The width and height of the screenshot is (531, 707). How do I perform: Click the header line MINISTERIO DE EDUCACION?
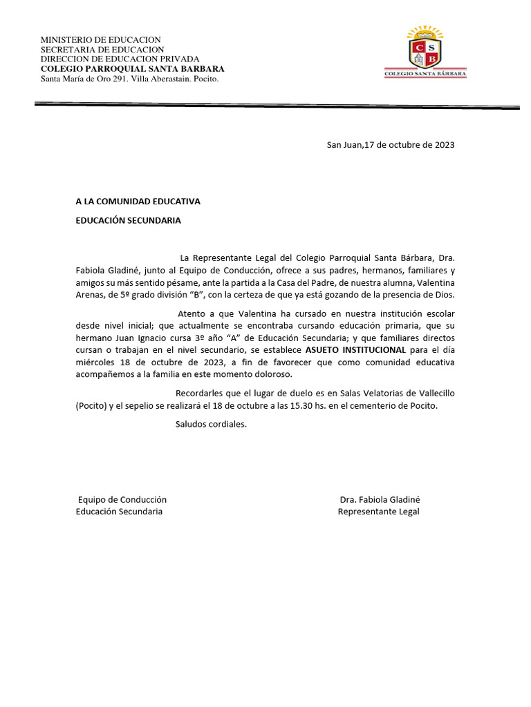coord(100,40)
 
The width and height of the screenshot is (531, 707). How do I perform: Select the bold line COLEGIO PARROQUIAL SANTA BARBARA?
coord(132,69)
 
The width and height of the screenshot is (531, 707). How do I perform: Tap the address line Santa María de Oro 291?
coord(130,79)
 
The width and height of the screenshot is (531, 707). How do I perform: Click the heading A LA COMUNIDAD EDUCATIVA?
coord(138,202)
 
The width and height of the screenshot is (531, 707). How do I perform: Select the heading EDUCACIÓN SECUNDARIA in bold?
coord(128,220)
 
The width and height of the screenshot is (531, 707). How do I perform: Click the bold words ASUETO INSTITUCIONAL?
coord(355,350)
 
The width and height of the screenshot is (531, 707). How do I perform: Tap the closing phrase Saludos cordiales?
coord(211,424)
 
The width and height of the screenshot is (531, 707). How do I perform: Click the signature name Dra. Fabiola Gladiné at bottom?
coord(380,499)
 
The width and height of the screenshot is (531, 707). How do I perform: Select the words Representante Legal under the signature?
coord(378,512)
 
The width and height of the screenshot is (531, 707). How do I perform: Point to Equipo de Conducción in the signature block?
coord(122,499)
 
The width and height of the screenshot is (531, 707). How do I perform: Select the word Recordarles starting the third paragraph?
coord(201,393)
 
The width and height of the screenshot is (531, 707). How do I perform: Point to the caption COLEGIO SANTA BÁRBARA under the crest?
coord(425,72)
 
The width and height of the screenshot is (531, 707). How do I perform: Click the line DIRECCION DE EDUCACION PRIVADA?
coord(120,59)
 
